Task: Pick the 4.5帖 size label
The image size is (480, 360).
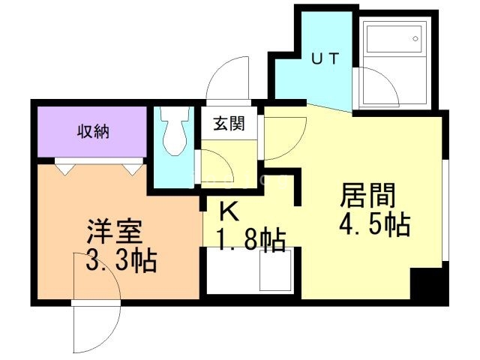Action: pyautogui.click(x=376, y=223)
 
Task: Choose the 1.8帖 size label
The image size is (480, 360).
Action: pyautogui.click(x=250, y=241)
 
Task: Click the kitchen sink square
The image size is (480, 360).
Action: pyautogui.click(x=274, y=271)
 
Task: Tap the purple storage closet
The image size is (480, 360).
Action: pyautogui.click(x=91, y=133)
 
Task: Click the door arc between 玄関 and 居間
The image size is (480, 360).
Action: pyautogui.click(x=282, y=139)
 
